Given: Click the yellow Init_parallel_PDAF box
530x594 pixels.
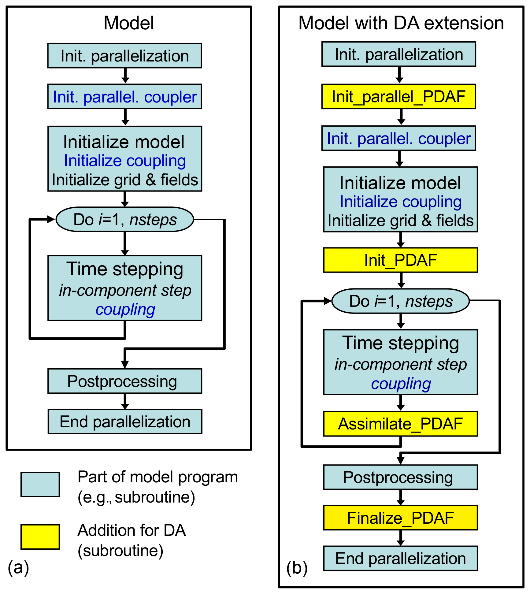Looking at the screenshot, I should coord(398,96).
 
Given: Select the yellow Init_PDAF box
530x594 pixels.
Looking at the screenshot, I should coord(400,260).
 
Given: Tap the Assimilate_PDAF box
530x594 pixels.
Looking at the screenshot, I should coord(400,424).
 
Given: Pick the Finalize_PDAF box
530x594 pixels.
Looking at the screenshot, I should coord(400,518).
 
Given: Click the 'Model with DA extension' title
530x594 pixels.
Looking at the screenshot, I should coord(401,23).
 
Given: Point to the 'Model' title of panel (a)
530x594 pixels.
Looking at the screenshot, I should coord(129,23).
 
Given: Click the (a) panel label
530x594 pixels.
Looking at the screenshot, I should coord(18,567).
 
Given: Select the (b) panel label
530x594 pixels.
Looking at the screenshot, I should coord(297,568).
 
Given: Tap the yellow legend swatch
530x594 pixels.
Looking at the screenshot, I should coord(40,537).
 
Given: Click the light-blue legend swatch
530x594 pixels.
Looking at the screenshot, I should coord(40,484).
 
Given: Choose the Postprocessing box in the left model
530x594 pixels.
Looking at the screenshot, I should coord(125,381).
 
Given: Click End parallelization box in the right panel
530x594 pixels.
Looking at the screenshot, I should coord(400,558).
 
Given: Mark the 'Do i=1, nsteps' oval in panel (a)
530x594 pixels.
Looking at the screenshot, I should coord(125,219).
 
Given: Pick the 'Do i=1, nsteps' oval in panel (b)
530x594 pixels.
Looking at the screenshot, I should coord(400,301).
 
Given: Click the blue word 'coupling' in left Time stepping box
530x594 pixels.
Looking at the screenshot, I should coord(125,309).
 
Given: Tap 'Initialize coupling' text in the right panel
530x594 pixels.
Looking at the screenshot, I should coord(401,202).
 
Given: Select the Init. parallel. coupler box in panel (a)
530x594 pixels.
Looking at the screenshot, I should coord(124,96).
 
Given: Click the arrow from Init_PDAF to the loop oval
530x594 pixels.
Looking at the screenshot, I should coord(401,280).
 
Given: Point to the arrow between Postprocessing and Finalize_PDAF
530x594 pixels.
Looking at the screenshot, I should coord(401,498).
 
